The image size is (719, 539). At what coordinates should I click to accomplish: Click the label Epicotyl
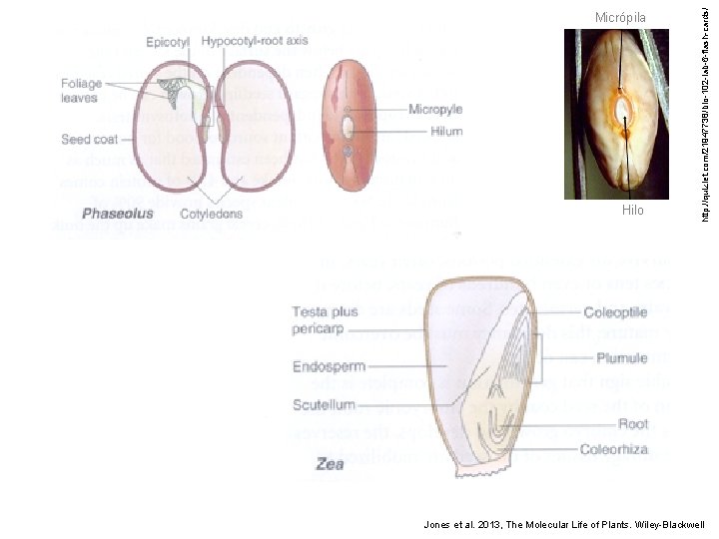168,42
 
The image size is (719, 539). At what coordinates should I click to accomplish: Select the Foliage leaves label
80,91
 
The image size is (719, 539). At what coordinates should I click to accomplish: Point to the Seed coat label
90,140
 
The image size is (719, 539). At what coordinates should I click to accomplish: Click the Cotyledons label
213,213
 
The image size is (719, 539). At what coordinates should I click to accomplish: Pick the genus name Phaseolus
118,213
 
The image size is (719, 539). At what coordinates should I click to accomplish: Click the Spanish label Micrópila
620,17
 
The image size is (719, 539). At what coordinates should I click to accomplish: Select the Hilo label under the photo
632,211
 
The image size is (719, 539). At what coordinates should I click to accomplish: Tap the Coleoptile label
615,312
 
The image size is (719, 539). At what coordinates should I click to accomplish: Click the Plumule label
622,358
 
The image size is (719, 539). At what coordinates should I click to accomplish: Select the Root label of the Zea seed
632,423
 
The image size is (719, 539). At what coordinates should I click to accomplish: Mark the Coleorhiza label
614,449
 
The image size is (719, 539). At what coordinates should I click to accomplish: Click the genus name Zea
330,464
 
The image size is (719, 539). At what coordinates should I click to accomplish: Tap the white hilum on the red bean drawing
348,128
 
